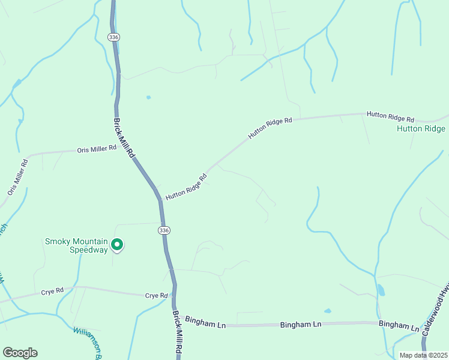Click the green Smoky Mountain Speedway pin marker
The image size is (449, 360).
click(x=118, y=245)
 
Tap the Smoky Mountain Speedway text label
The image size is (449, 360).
click(x=76, y=245)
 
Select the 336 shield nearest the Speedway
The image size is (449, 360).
click(x=164, y=230)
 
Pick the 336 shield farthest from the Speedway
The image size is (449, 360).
click(x=113, y=37)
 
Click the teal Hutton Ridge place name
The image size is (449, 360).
click(x=421, y=129)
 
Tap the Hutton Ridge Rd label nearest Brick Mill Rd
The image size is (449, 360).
click(x=186, y=187)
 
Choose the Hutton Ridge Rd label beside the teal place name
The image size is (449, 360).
click(x=391, y=116)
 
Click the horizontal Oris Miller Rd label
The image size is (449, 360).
click(x=96, y=149)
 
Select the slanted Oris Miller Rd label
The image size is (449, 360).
click(x=18, y=176)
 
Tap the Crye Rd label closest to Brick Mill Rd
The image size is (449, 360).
click(x=155, y=296)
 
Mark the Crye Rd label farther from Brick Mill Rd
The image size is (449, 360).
click(x=52, y=292)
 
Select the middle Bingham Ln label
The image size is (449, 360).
click(x=301, y=325)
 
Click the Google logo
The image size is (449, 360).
click(x=20, y=352)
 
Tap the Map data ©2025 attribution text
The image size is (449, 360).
click(x=423, y=355)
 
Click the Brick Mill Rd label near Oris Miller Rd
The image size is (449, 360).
click(x=124, y=137)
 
